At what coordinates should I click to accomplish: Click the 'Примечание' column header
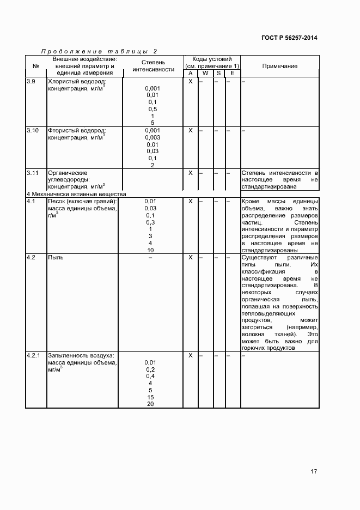[280, 66]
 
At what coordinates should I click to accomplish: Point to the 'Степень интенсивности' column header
[153, 66]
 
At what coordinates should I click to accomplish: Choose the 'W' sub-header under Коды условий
[205, 73]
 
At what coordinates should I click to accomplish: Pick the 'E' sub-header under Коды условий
[232, 73]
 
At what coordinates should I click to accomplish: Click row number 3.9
[32, 81]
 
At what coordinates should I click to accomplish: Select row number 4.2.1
[34, 355]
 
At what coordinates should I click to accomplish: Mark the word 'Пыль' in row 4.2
[56, 257]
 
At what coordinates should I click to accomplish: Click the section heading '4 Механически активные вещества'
[76, 194]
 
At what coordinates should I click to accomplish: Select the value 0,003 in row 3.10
[152, 137]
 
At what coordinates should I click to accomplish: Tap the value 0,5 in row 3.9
[152, 109]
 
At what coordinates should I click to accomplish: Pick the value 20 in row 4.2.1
[150, 404]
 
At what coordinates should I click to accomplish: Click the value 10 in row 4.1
[150, 250]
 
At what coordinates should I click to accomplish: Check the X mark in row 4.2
[191, 257]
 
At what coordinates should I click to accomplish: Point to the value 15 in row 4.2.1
[150, 397]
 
